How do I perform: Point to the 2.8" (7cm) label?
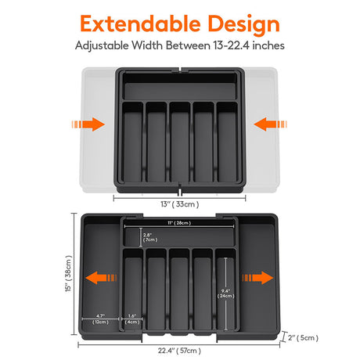(x=148, y=236)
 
